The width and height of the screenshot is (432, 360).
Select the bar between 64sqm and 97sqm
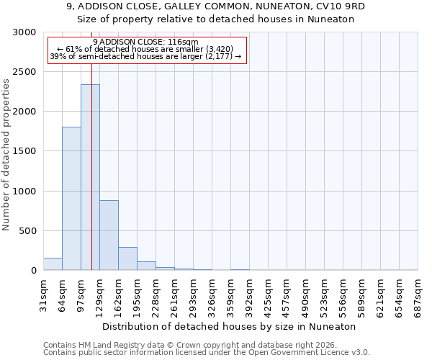(x=71, y=198)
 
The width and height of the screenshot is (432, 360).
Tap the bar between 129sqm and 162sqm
(x=109, y=235)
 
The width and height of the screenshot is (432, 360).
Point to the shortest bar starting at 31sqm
(x=53, y=264)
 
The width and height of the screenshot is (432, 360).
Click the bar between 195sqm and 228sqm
(x=146, y=266)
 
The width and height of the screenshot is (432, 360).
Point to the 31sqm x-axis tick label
(x=44, y=294)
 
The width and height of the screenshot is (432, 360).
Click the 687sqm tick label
(x=418, y=294)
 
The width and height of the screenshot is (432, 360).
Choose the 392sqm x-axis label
(x=250, y=294)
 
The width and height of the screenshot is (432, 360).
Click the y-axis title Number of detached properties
(x=6, y=156)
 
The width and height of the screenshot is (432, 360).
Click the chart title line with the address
(x=216, y=6)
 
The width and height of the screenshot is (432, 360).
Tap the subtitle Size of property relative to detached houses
(x=216, y=19)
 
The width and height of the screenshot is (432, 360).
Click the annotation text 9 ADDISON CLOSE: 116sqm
(x=145, y=42)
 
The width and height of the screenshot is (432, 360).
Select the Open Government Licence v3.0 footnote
(x=207, y=353)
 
